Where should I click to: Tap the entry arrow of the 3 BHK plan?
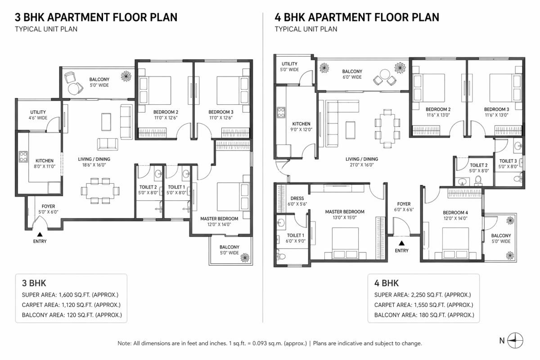[40, 234]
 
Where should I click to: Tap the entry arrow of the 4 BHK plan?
[401, 243]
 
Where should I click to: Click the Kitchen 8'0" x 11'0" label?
[45, 163]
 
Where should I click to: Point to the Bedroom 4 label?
[455, 215]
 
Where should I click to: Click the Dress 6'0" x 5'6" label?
[297, 201]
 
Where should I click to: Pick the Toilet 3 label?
[508, 163]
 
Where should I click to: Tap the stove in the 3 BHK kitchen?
[23, 157]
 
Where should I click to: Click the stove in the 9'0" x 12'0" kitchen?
[281, 112]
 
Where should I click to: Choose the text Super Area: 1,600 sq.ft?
[71, 295]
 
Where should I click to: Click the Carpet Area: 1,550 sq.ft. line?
[423, 305]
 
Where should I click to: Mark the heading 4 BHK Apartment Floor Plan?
[357, 18]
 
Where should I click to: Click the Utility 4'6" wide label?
[38, 115]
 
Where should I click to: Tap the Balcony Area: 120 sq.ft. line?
[72, 315]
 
